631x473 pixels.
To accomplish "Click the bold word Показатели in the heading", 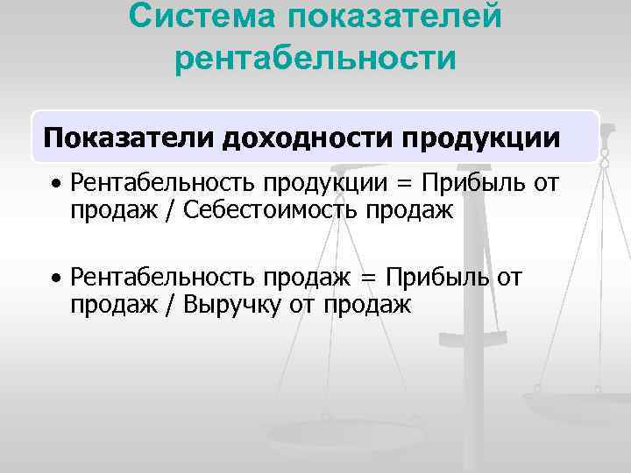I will pos(129,138).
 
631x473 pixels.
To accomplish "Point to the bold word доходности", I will pos(310,138).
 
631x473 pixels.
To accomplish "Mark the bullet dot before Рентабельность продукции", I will pos(54,185).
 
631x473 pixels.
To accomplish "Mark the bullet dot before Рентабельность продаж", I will pos(54,279).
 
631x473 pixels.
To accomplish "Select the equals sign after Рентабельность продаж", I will pos(368,279).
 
